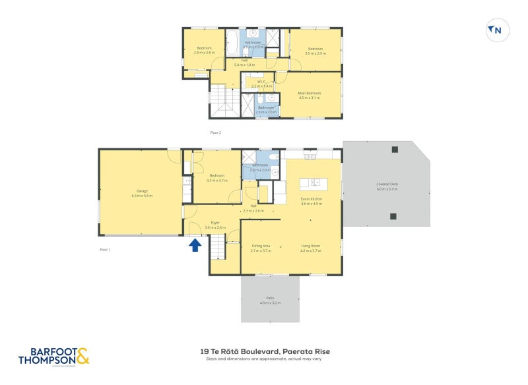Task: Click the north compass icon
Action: click(x=497, y=30)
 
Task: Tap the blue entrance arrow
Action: click(x=195, y=245)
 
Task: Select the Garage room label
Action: click(x=142, y=193)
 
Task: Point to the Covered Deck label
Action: click(x=387, y=187)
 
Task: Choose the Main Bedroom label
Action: click(x=309, y=96)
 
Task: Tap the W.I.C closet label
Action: click(x=261, y=84)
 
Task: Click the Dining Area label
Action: click(x=261, y=249)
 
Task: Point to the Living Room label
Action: click(x=310, y=249)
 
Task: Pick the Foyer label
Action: click(x=215, y=225)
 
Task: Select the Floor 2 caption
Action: click(x=215, y=133)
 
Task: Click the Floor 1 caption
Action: click(x=105, y=250)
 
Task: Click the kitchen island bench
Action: click(x=310, y=183)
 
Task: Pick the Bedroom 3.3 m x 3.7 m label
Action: click(x=216, y=178)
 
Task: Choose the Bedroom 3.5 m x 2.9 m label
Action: click(x=315, y=51)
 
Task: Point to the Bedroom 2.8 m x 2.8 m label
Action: click(x=204, y=51)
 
